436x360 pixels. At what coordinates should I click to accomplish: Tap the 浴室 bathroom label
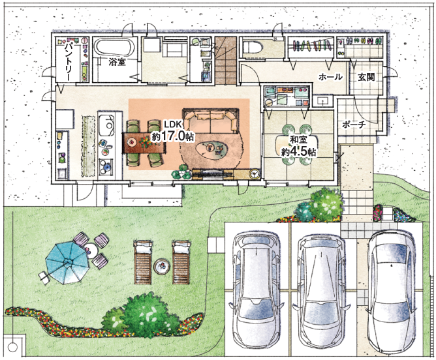point(117,62)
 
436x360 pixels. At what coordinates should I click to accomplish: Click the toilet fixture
point(252,46)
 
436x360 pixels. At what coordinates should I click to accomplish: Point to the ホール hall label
point(330,77)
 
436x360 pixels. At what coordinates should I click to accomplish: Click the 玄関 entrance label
point(366,77)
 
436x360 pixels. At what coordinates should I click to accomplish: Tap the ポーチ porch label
point(354,125)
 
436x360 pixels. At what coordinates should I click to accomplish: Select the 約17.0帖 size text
point(172,136)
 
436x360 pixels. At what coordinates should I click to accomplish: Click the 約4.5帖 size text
point(298,152)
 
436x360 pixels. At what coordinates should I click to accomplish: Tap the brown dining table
point(145,142)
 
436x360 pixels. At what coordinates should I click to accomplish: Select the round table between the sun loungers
point(162,266)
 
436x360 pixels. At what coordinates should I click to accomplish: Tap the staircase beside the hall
point(226,60)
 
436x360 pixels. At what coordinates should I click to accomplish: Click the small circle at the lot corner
point(12,347)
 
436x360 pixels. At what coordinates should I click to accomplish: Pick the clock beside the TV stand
point(255,173)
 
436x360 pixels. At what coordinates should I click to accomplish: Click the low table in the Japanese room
point(296,145)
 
